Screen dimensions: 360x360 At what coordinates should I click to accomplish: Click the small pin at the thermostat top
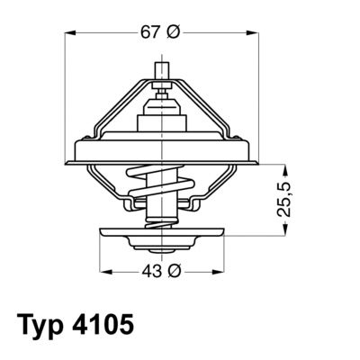pyautogui.click(x=162, y=74)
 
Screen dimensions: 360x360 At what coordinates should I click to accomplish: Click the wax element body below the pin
pyautogui.click(x=162, y=117)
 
